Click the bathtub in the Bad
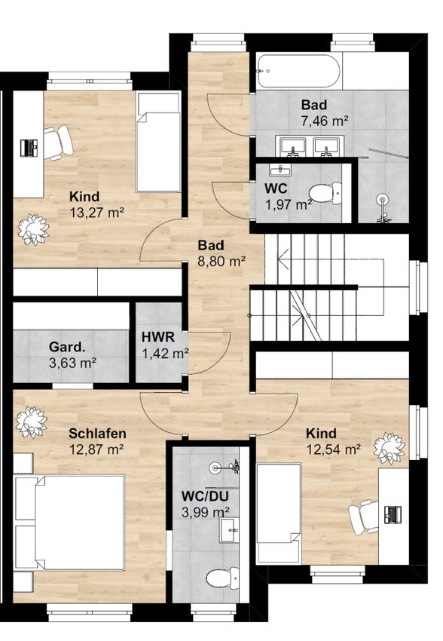click(x=298, y=71)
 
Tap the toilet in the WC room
click(x=325, y=193)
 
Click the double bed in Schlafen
click(x=70, y=523)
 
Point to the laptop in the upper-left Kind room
click(x=29, y=147)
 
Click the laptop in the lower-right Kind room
click(x=393, y=514)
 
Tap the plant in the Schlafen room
click(x=31, y=422)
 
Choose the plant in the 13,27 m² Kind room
click(x=33, y=230)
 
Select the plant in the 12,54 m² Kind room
click(x=390, y=448)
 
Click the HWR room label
click(x=158, y=337)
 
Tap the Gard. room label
click(x=67, y=347)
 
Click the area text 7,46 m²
click(x=325, y=121)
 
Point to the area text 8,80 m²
click(x=221, y=261)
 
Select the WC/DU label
click(x=205, y=496)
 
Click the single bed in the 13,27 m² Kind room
click(x=159, y=142)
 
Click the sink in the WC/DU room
click(x=229, y=530)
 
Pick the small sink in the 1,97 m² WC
click(x=280, y=169)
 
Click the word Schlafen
click(x=97, y=434)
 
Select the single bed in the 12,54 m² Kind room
click(x=279, y=514)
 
